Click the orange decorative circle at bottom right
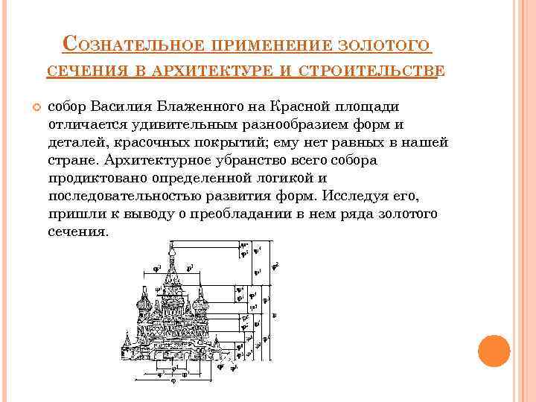pos(493,351)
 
